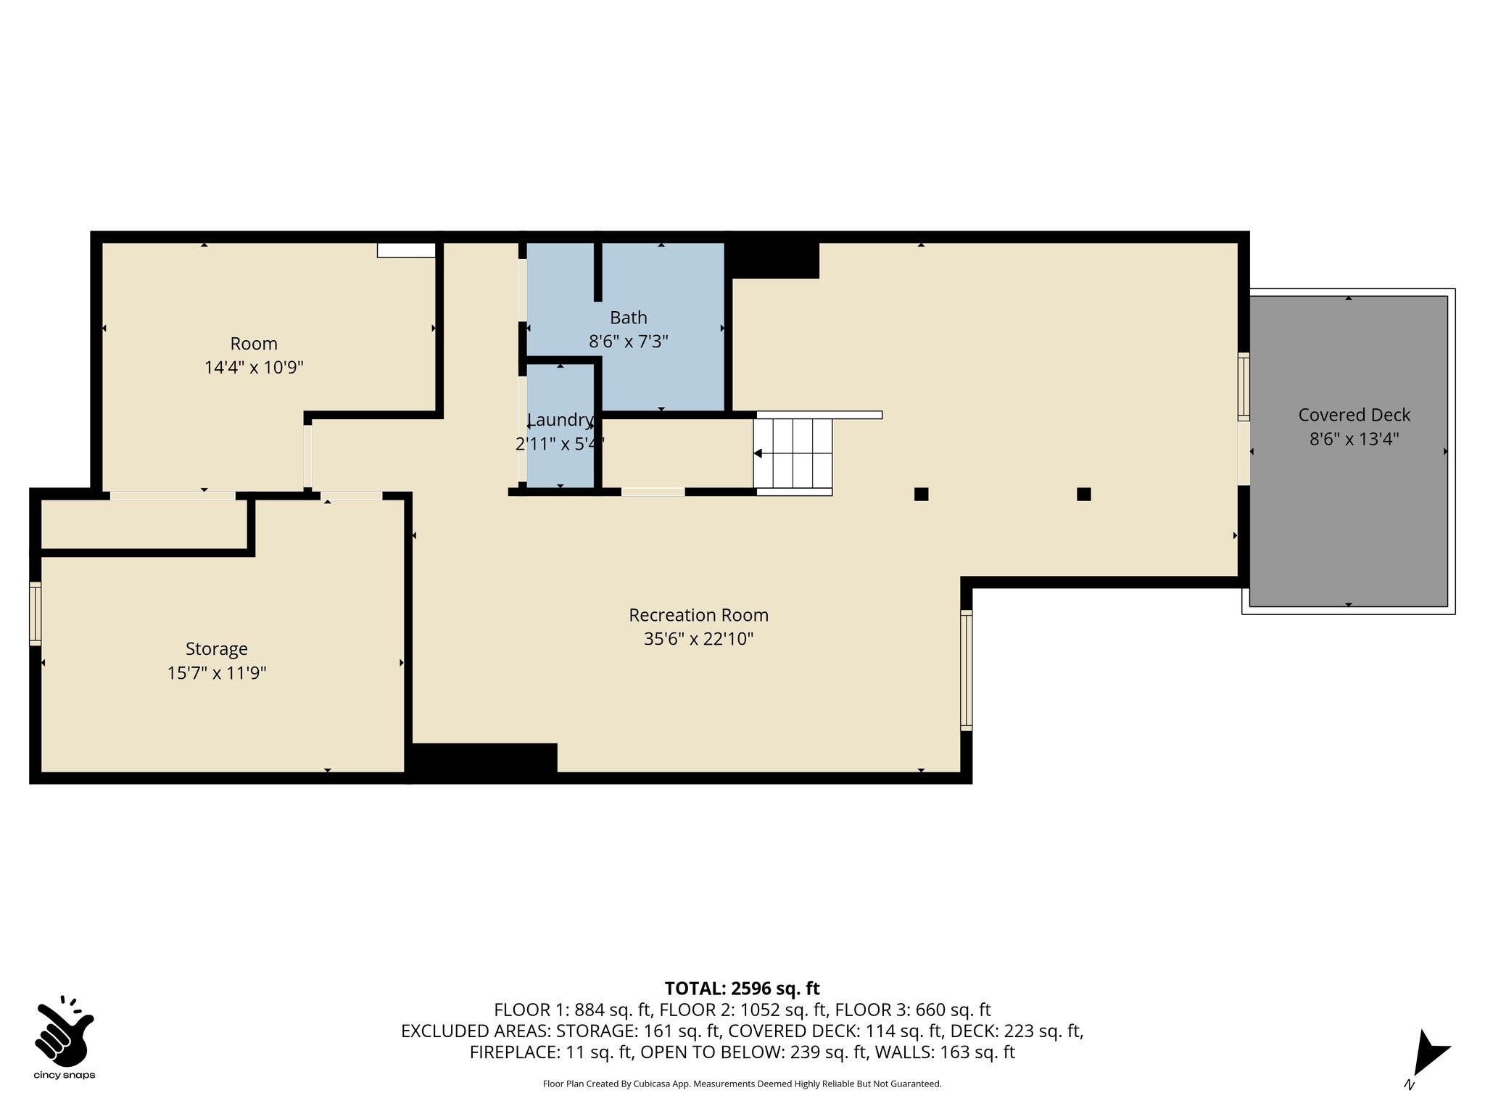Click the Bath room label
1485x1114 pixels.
[628, 318]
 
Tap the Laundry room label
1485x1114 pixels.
[560, 420]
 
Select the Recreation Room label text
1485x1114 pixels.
[698, 615]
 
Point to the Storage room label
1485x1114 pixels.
[216, 649]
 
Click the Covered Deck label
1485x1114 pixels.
[1354, 415]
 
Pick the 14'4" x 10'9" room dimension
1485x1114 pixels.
[254, 368]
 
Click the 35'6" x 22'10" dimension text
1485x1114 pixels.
[698, 639]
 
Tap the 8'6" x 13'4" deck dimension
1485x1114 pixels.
[1354, 439]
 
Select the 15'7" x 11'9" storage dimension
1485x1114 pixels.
[217, 673]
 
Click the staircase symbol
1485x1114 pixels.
[793, 454]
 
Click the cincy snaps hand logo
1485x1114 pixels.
[65, 1029]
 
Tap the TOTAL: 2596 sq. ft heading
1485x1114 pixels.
[742, 988]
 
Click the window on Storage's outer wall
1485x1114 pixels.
[35, 614]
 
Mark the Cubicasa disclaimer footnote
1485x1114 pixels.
[742, 1084]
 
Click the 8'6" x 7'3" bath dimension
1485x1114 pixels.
[628, 342]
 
